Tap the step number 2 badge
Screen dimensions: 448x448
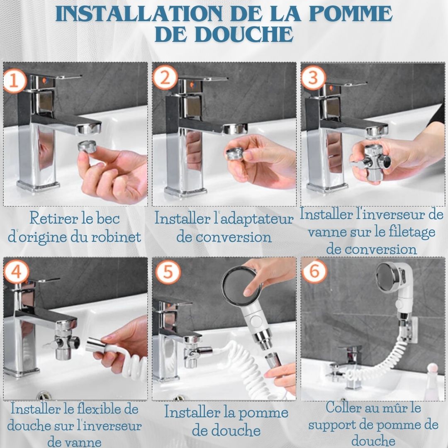click(165, 78)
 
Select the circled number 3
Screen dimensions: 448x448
click(314, 78)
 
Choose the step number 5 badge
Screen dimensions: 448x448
click(168, 271)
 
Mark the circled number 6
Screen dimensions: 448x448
click(314, 270)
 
